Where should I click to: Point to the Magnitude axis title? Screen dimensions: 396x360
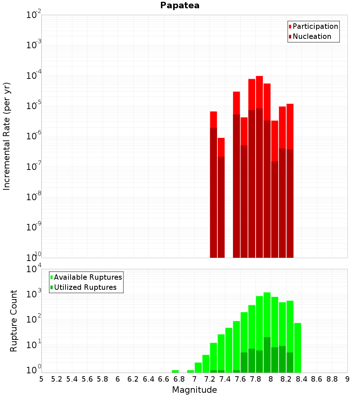pos(194,390)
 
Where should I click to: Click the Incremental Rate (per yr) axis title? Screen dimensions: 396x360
pos(7,136)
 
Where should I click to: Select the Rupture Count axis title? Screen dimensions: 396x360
pos(14,321)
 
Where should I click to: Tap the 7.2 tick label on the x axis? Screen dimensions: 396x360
pos(210,379)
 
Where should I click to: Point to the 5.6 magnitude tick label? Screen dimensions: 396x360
pos(87,379)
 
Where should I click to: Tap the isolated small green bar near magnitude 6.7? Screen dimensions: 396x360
pos(175,371)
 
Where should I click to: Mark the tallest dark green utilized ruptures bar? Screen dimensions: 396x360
pos(267,355)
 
